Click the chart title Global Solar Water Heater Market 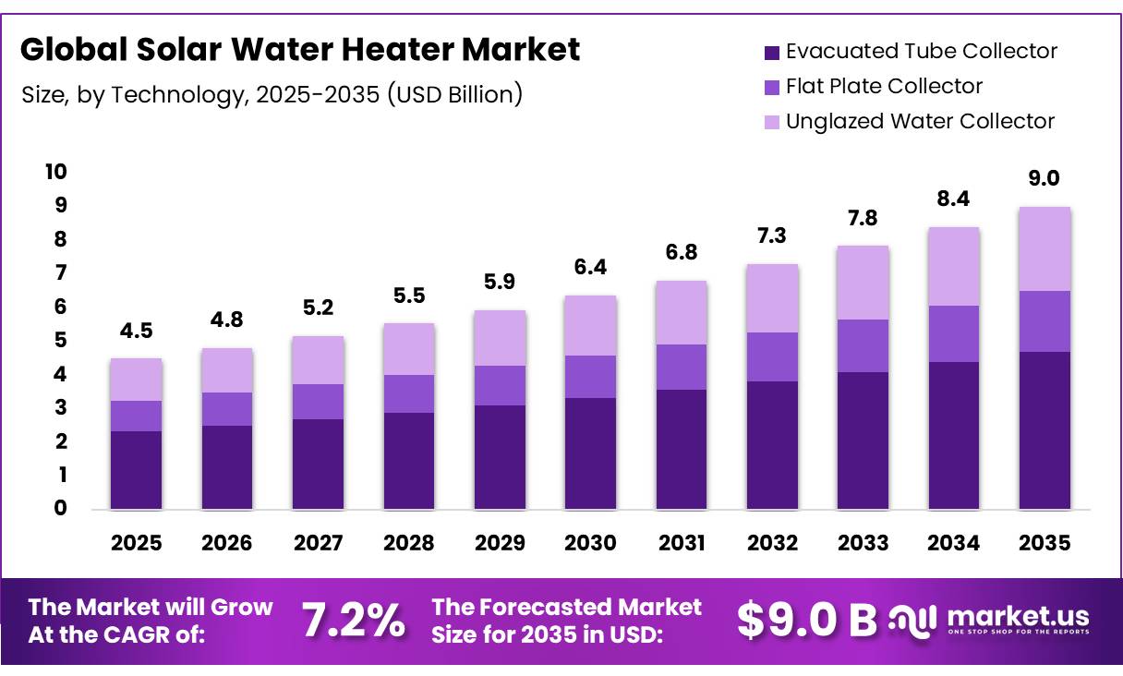(x=300, y=50)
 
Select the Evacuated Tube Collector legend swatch (x=772, y=52)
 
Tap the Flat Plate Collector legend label (x=884, y=86)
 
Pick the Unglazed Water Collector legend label (x=920, y=121)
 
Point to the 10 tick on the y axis (x=54, y=172)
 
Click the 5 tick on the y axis (x=60, y=340)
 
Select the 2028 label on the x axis (x=408, y=543)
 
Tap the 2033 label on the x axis (x=863, y=543)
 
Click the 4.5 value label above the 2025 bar (x=136, y=332)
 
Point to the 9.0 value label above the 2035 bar (x=1045, y=179)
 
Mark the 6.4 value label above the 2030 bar (x=590, y=268)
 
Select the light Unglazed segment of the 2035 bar (x=1045, y=249)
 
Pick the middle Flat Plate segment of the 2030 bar (x=590, y=377)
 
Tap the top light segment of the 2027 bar (x=318, y=360)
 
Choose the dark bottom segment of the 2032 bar (x=772, y=444)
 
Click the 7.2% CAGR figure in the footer (x=354, y=622)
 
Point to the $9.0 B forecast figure (x=807, y=622)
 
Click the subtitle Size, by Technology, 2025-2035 (x=272, y=94)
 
